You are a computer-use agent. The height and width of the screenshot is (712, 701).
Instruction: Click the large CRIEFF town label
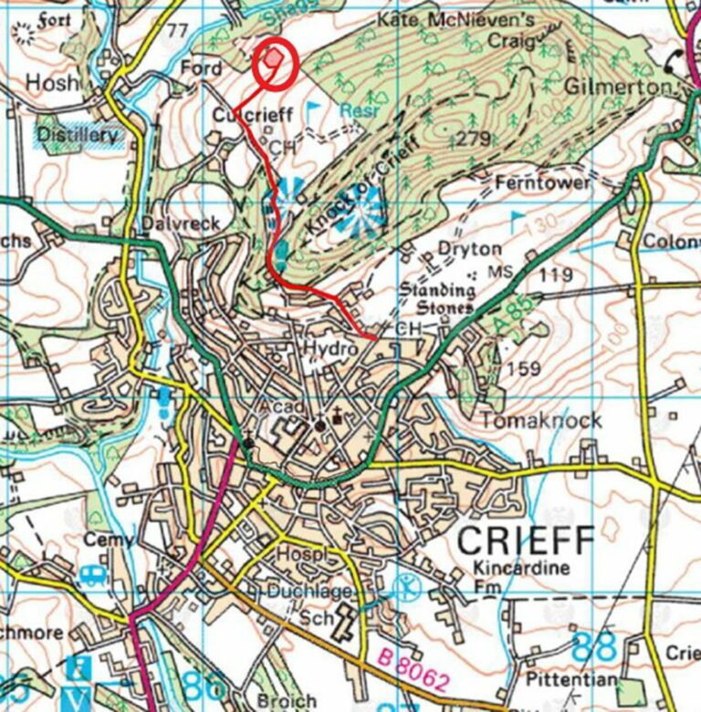[525, 542]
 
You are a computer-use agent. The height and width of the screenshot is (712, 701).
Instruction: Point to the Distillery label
[78, 136]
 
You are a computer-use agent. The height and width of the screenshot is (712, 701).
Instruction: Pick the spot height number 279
[473, 138]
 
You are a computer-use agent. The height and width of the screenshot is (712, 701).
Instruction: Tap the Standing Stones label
[439, 299]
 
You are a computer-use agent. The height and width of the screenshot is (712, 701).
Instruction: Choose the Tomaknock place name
[541, 420]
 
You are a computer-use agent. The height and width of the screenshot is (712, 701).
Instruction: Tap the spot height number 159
[528, 368]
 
